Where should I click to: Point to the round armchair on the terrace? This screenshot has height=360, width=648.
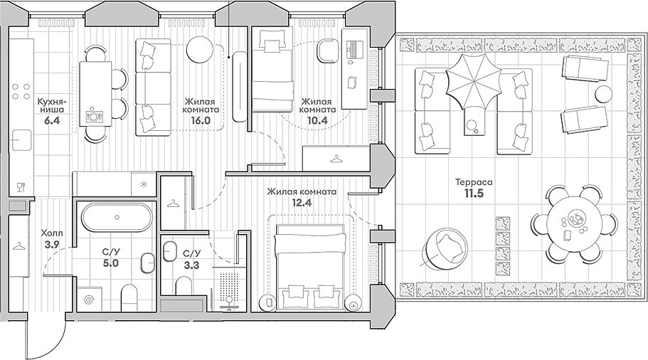pos(446,247)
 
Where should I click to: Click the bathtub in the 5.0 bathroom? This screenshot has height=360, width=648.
pos(115,217)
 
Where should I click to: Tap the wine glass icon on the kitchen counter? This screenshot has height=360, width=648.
pos(20,188)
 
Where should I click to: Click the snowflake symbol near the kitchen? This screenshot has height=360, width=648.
pos(144,185)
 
